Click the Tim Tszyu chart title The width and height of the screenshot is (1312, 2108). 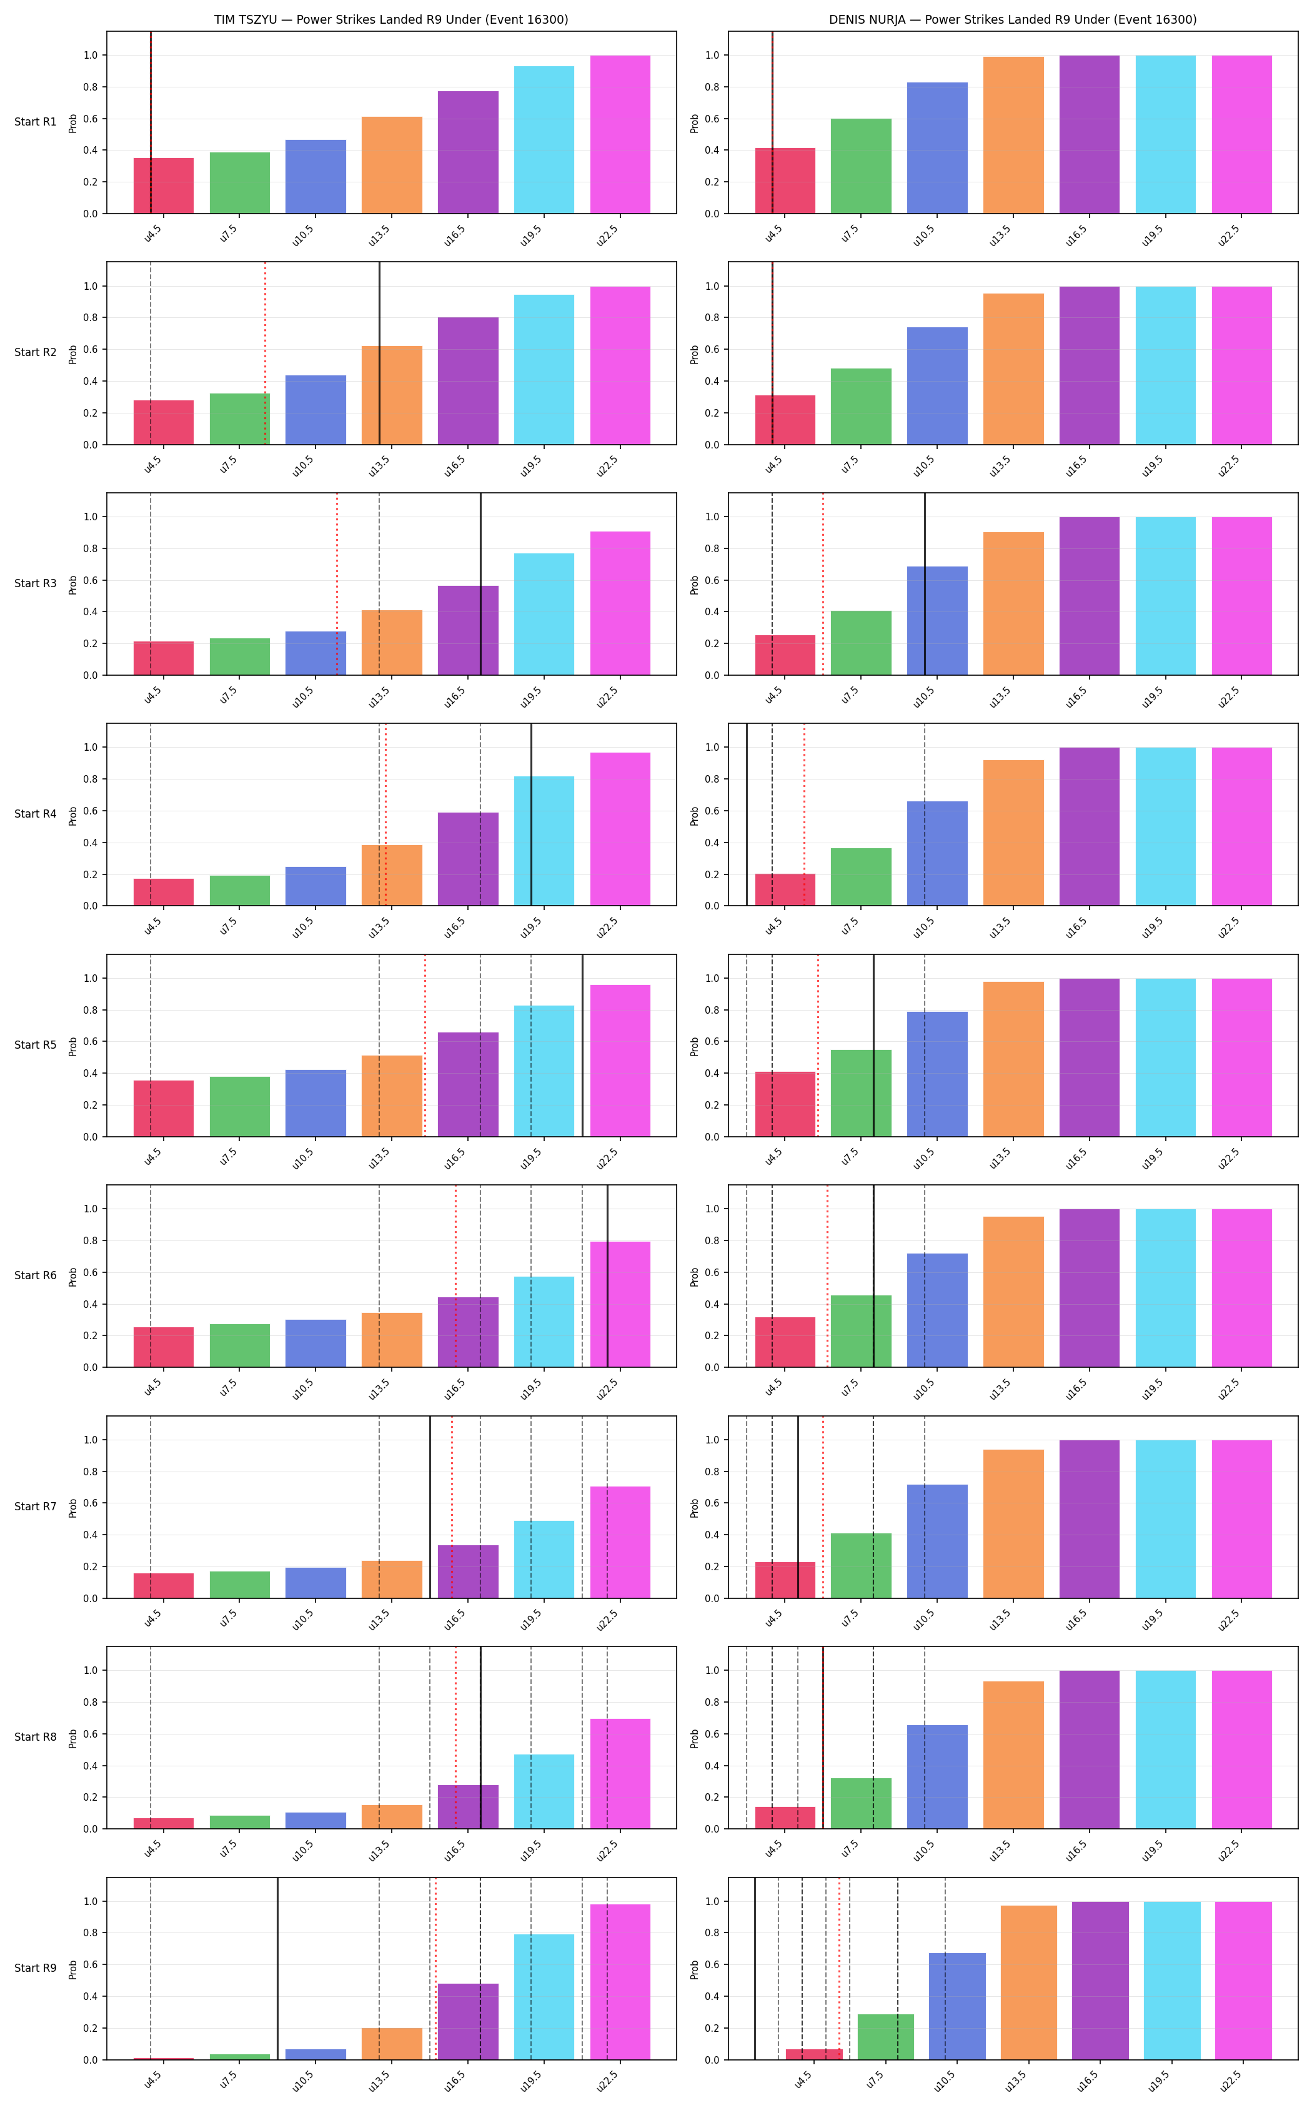click(x=391, y=19)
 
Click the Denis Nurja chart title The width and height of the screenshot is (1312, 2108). click(x=1013, y=19)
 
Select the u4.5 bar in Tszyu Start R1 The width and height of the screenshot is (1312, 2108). click(x=163, y=186)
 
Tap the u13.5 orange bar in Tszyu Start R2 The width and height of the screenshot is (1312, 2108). click(x=392, y=395)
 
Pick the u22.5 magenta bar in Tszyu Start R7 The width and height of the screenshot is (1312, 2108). click(x=620, y=1541)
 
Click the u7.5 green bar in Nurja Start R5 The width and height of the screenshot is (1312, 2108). click(x=861, y=1093)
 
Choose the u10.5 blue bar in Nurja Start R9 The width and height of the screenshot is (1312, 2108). click(x=957, y=2006)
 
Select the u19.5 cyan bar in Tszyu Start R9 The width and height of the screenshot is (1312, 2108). click(x=544, y=1997)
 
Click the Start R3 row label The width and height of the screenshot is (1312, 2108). click(x=36, y=583)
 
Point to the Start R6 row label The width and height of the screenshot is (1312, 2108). click(x=36, y=1275)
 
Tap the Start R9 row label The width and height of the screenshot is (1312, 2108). click(x=36, y=1967)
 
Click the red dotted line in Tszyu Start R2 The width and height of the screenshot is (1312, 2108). click(x=266, y=353)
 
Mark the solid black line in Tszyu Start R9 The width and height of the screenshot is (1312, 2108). click(x=277, y=1968)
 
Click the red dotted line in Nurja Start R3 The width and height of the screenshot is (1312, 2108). click(x=823, y=584)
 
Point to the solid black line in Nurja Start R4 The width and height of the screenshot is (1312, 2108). click(x=747, y=814)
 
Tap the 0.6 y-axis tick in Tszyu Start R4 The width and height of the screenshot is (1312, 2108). click(x=90, y=811)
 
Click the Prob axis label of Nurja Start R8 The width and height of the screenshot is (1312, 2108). click(x=694, y=1738)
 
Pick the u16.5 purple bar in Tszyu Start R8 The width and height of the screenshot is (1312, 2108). click(x=469, y=1806)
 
